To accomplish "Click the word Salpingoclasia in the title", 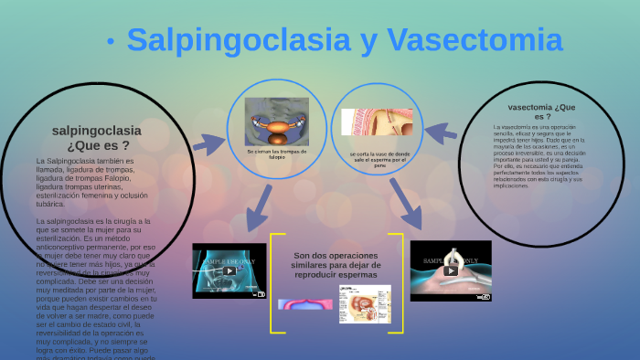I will pyautogui.click(x=240, y=40).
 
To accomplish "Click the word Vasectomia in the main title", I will pyautogui.click(x=474, y=40).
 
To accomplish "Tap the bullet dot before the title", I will pyautogui.click(x=110, y=41).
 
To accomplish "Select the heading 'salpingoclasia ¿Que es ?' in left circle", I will pyautogui.click(x=97, y=137).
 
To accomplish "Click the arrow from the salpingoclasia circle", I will pyautogui.click(x=208, y=143).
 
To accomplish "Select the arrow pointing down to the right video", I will pyautogui.click(x=404, y=204).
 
